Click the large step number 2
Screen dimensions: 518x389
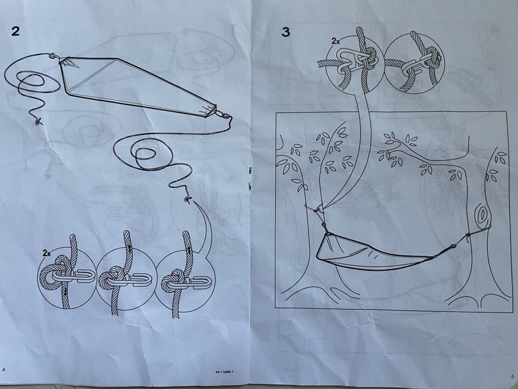pyautogui.click(x=16, y=31)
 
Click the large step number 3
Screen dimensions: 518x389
pyautogui.click(x=285, y=32)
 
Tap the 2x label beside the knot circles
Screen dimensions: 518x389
pyautogui.click(x=47, y=254)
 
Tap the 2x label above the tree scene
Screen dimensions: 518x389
pyautogui.click(x=336, y=41)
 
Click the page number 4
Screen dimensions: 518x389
pyautogui.click(x=3, y=369)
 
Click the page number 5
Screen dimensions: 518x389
pyautogui.click(x=512, y=376)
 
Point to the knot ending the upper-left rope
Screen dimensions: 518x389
pyautogui.click(x=39, y=122)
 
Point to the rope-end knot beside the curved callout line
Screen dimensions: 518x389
pyautogui.click(x=188, y=199)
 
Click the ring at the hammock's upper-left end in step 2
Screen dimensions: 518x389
pyautogui.click(x=52, y=56)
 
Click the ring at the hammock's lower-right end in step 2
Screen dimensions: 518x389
pyautogui.click(x=225, y=116)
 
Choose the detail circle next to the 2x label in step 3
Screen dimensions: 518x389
pyautogui.click(x=355, y=63)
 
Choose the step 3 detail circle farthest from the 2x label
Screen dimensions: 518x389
pyautogui.click(x=414, y=63)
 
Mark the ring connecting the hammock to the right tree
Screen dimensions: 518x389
pyautogui.click(x=453, y=247)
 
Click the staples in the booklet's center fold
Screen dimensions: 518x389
pyautogui.click(x=250, y=179)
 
